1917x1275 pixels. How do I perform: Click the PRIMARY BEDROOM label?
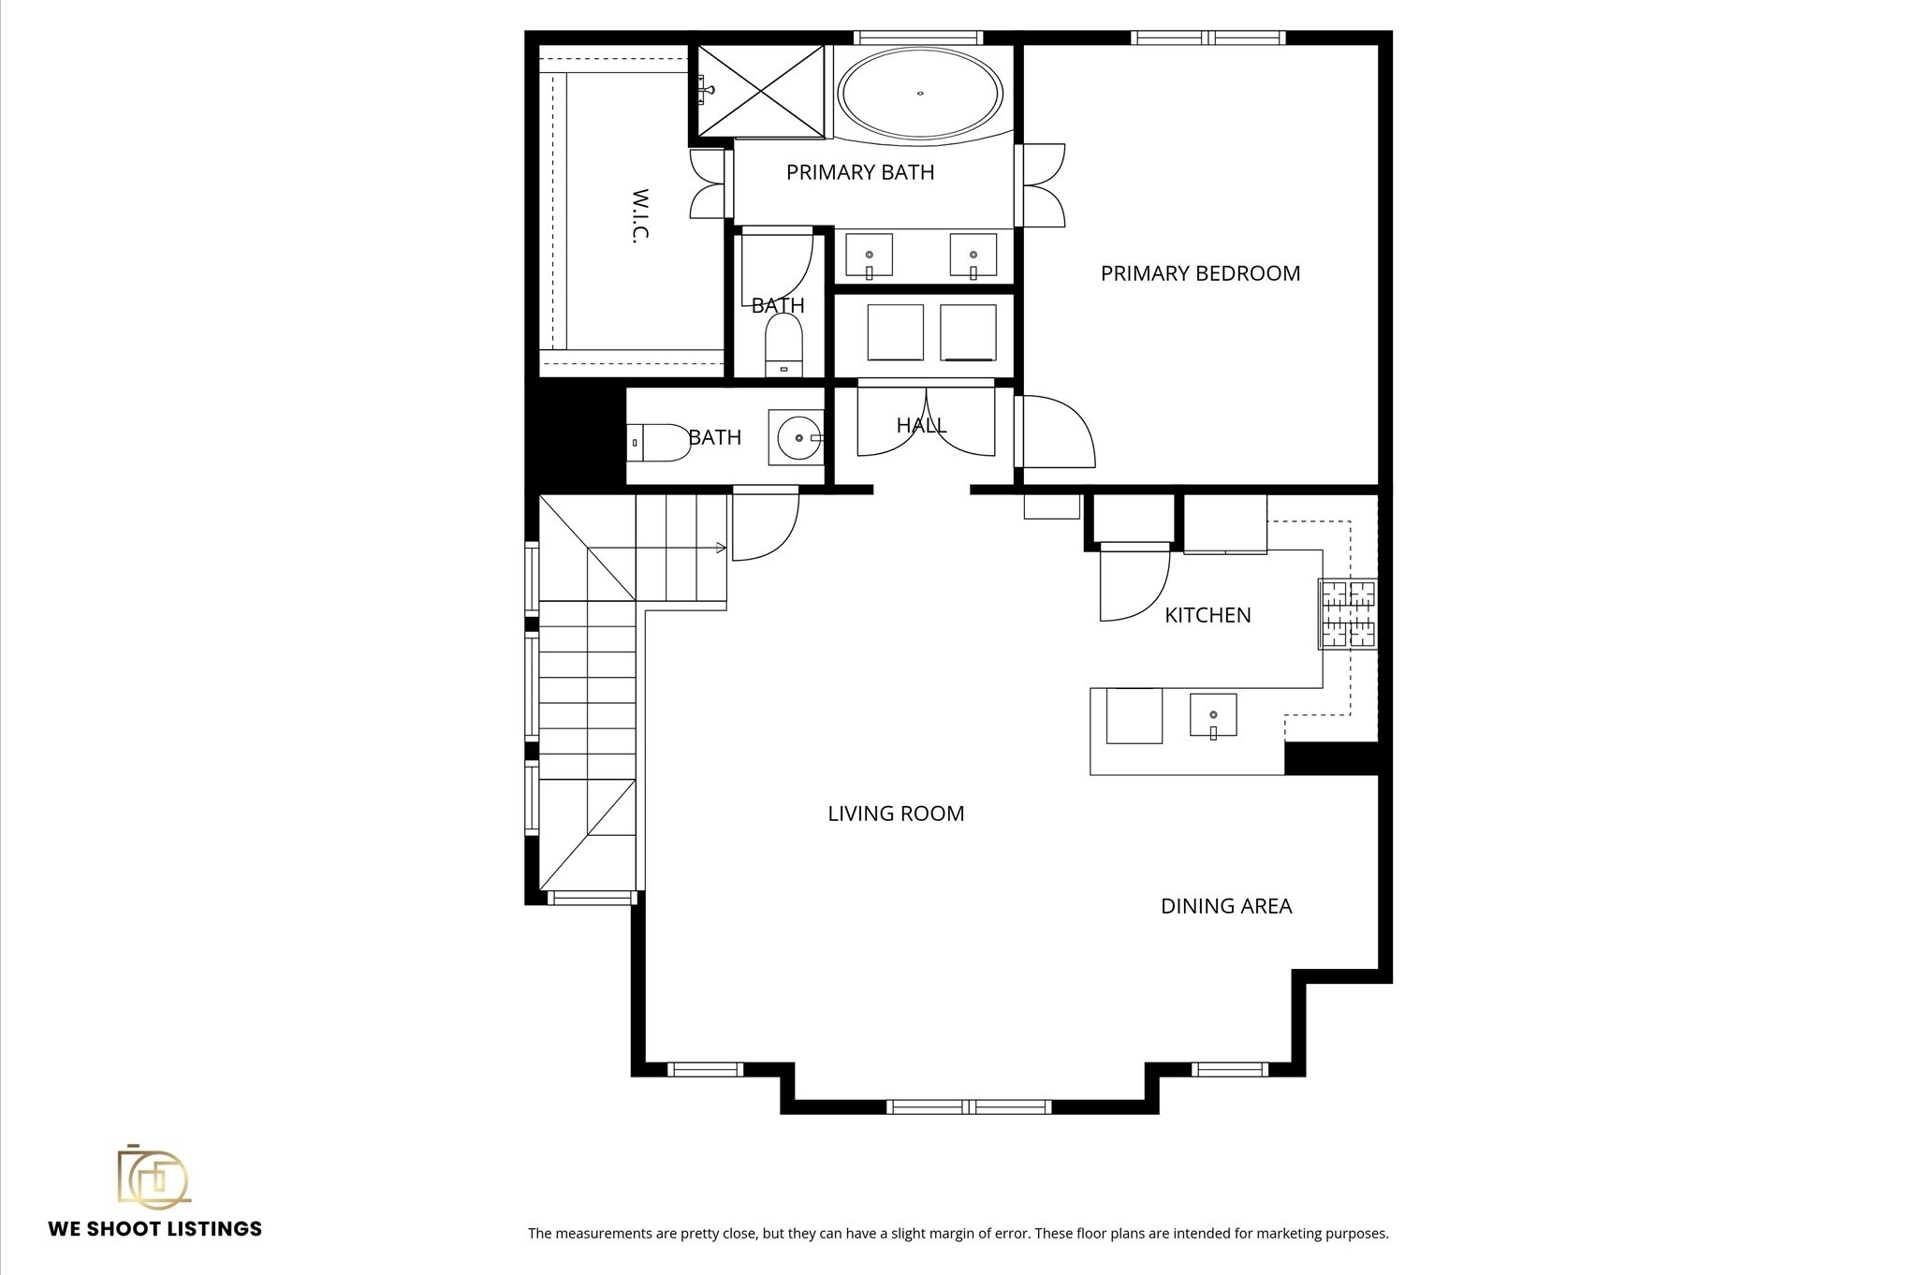pos(1200,273)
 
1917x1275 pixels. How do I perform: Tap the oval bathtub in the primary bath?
pos(919,94)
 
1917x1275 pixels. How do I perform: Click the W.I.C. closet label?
pos(640,216)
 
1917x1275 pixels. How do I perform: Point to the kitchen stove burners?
pos(1348,614)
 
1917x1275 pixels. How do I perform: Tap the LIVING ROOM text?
pos(896,813)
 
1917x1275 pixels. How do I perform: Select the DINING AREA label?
pos(1225,906)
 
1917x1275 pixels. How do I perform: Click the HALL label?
pos(921,426)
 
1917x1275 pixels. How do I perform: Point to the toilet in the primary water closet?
pos(783,343)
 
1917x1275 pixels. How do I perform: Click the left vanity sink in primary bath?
pos(869,256)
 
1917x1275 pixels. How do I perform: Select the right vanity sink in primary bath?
pos(973,256)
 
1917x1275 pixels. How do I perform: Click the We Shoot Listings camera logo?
pos(154,1177)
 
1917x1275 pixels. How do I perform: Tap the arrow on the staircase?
pos(721,548)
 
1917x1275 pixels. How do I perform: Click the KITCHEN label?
pos(1207,615)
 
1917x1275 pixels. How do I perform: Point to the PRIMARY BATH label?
pos(859,172)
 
